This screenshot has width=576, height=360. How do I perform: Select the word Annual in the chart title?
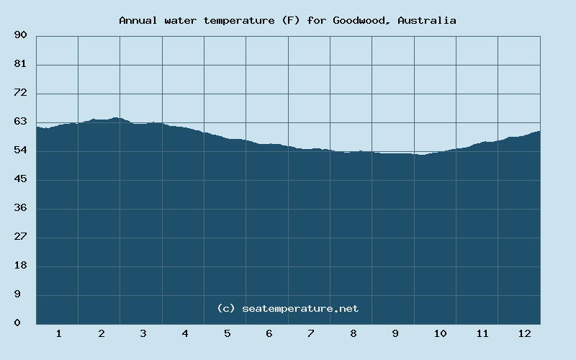point(138,20)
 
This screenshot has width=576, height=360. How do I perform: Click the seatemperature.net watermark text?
point(300,308)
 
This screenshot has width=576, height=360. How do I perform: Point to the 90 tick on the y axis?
point(20,35)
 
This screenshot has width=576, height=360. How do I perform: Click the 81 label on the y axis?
point(20,64)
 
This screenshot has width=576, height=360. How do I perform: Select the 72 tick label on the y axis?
point(20,93)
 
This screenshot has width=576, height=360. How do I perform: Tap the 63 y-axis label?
point(20,122)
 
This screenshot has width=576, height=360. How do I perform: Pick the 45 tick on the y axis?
point(20,179)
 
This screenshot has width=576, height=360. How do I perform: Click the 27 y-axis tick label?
point(20,237)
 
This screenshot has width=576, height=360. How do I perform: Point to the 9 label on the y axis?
point(23,294)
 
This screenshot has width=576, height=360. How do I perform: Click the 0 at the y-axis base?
point(23,323)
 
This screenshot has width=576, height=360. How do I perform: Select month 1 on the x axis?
point(58,334)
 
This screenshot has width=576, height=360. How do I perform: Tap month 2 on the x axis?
point(101,334)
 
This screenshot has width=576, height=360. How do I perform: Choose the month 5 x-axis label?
point(227,334)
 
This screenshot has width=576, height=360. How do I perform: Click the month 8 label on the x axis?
point(353,334)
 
